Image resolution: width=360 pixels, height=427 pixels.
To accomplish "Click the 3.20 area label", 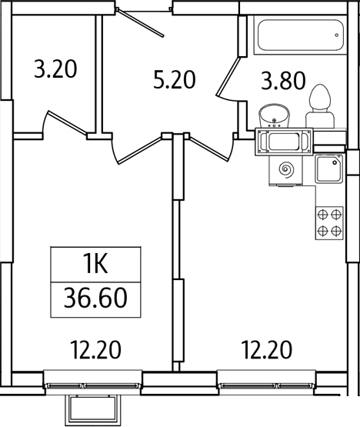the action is (55, 69).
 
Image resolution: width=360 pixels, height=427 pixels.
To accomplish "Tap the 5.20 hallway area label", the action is (175, 79).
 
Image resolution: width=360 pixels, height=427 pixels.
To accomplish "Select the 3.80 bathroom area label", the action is (284, 81).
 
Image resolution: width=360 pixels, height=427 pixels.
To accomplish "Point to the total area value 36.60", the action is (95, 299).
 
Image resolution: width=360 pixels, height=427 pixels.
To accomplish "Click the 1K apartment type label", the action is (96, 264).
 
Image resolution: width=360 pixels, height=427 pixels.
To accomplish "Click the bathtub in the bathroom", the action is (300, 35).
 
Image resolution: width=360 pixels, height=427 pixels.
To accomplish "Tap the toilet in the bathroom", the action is (320, 106).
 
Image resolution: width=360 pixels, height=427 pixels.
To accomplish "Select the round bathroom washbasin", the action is (274, 115).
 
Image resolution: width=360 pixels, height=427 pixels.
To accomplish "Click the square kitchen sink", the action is (329, 168).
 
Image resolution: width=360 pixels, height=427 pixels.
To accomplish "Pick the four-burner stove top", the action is (329, 223).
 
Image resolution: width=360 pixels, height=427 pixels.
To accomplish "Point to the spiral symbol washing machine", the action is (286, 171).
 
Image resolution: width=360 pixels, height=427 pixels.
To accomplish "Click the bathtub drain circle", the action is (337, 35).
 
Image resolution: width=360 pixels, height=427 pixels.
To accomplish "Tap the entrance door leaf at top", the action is (141, 23).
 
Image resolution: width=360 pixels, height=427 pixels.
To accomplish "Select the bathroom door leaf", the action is (228, 76).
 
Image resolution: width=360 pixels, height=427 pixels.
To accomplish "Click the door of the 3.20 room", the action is (68, 122).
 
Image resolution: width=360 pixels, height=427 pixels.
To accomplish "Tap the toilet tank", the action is (320, 119).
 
